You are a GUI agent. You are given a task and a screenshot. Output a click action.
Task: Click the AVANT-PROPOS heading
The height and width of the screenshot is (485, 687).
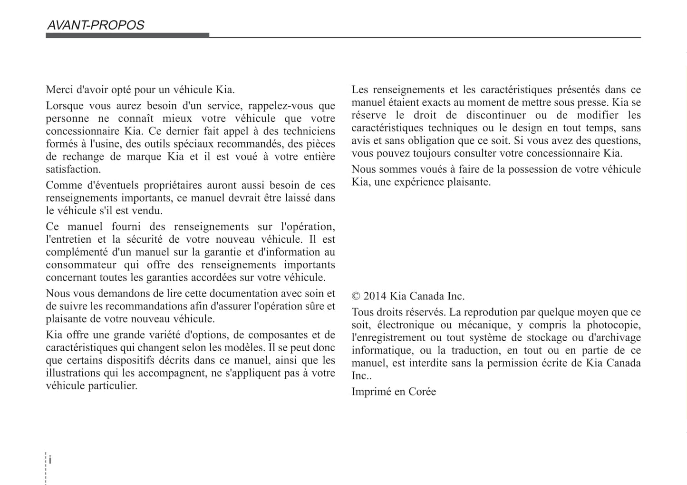96,25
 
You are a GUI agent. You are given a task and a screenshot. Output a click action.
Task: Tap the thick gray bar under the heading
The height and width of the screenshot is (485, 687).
127,35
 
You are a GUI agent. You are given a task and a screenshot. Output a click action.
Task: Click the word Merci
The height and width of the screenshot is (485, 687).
59,89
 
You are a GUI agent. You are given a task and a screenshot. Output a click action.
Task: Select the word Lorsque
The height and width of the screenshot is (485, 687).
65,106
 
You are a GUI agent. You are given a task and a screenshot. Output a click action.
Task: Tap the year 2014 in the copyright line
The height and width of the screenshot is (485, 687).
375,296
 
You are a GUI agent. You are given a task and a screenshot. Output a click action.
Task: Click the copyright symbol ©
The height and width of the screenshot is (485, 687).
356,296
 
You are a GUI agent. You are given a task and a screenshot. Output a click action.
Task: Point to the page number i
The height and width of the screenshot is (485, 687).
50,460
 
